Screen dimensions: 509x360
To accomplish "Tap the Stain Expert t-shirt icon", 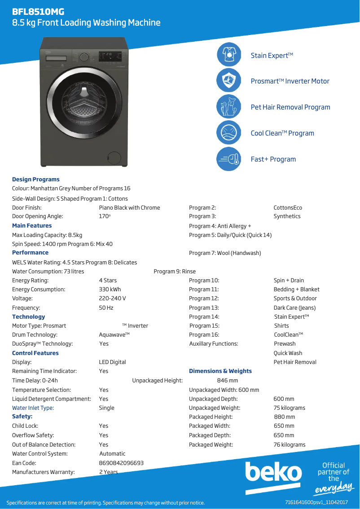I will coord(229,55).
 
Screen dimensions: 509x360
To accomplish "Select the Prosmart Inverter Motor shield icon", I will coord(229,81).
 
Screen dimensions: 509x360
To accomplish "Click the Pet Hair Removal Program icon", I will coord(229,107).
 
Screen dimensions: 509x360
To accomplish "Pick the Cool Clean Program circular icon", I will coord(229,133).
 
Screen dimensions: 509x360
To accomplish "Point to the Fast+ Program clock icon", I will coord(229,159).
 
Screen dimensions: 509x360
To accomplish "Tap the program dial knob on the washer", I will coord(84,57).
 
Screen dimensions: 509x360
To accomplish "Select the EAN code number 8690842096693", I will coord(121,463).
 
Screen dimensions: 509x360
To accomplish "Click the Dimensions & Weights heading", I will coord(220,371).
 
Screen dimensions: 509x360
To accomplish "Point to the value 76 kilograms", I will coord(290,445).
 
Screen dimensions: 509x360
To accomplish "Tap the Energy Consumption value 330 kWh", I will coord(110,290).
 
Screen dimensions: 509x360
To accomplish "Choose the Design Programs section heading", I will coord(36,180).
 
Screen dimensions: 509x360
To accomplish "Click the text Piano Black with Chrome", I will coord(129,208).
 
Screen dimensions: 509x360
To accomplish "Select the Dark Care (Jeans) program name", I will coord(294,308).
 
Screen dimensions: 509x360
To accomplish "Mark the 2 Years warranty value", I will coord(109,472).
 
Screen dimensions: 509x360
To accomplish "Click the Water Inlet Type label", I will coord(33,408).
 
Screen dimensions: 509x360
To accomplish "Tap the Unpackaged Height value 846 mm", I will coord(228,381).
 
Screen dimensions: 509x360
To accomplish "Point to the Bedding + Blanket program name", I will coord(297,290).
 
